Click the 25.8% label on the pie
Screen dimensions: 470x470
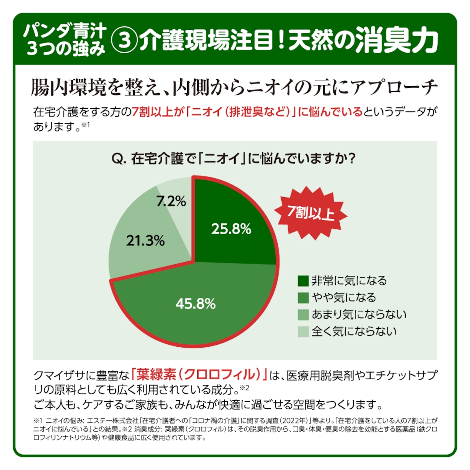pyautogui.click(x=231, y=229)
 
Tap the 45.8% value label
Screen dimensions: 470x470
pyautogui.click(x=195, y=304)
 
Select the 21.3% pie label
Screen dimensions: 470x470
pyautogui.click(x=145, y=241)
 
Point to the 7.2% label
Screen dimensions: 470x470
pyautogui.click(x=171, y=201)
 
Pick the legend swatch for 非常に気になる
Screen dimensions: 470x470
pyautogui.click(x=303, y=281)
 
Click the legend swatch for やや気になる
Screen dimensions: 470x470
pyautogui.click(x=303, y=298)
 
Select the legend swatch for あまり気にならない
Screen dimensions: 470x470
pyautogui.click(x=303, y=315)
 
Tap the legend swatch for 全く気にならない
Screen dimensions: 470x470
pyautogui.click(x=303, y=332)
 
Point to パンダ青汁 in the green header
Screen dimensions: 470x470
pyautogui.click(x=65, y=31)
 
